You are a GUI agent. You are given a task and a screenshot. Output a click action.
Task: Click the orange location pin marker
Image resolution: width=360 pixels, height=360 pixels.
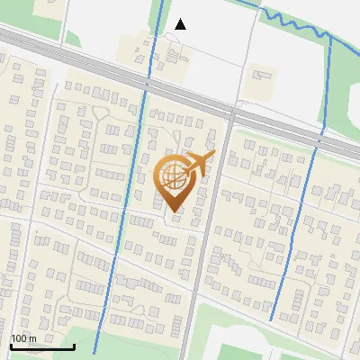(174, 180)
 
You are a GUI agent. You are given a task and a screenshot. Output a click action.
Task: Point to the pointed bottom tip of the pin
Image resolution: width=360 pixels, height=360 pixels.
(174, 211)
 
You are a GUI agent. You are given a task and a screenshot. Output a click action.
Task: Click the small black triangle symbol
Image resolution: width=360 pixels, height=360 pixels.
(181, 24)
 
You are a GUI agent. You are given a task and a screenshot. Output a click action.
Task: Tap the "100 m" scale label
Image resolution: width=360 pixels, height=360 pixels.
(22, 338)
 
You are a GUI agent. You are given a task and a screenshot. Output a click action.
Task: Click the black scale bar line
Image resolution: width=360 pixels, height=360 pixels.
(41, 346)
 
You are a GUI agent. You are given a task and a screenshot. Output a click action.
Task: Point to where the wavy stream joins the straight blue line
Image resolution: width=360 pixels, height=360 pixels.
(329, 37)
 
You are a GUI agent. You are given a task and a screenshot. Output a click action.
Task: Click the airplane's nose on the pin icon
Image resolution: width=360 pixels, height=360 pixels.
(213, 155)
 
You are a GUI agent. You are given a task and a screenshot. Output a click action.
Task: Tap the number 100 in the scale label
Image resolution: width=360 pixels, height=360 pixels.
(18, 338)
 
